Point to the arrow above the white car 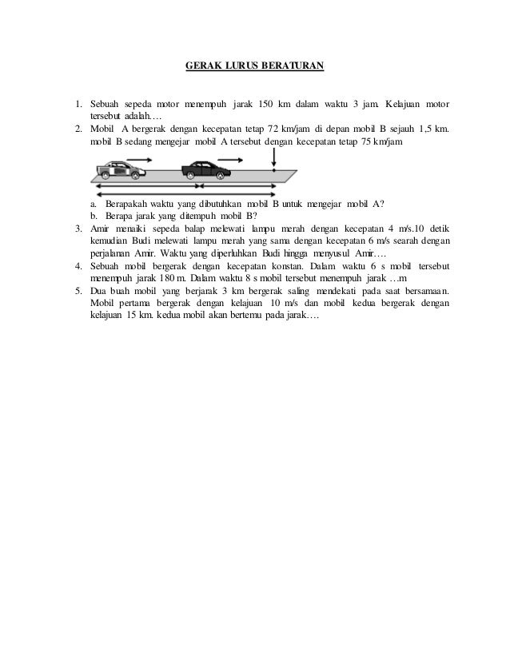pyautogui.click(x=138, y=160)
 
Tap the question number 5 pyautogui.click(x=78, y=290)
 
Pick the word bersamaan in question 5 pyautogui.click(x=419, y=290)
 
